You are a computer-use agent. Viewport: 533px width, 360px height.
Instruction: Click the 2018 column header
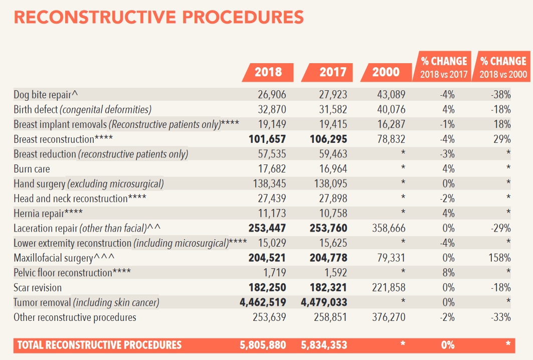268,72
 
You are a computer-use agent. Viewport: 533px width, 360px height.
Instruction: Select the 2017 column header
328,72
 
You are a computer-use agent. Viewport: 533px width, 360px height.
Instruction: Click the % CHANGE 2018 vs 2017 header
444,67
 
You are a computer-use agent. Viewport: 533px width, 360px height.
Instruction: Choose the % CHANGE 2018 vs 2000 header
503,67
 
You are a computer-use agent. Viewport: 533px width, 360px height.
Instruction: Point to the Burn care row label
32,169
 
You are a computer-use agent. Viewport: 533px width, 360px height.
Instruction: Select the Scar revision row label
38,288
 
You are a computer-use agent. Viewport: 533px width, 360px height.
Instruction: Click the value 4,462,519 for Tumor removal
261,302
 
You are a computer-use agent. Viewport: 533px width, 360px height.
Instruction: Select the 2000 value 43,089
391,95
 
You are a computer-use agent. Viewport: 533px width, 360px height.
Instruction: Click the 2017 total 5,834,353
324,345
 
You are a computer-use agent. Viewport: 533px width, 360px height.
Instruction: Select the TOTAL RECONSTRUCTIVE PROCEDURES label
99,345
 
